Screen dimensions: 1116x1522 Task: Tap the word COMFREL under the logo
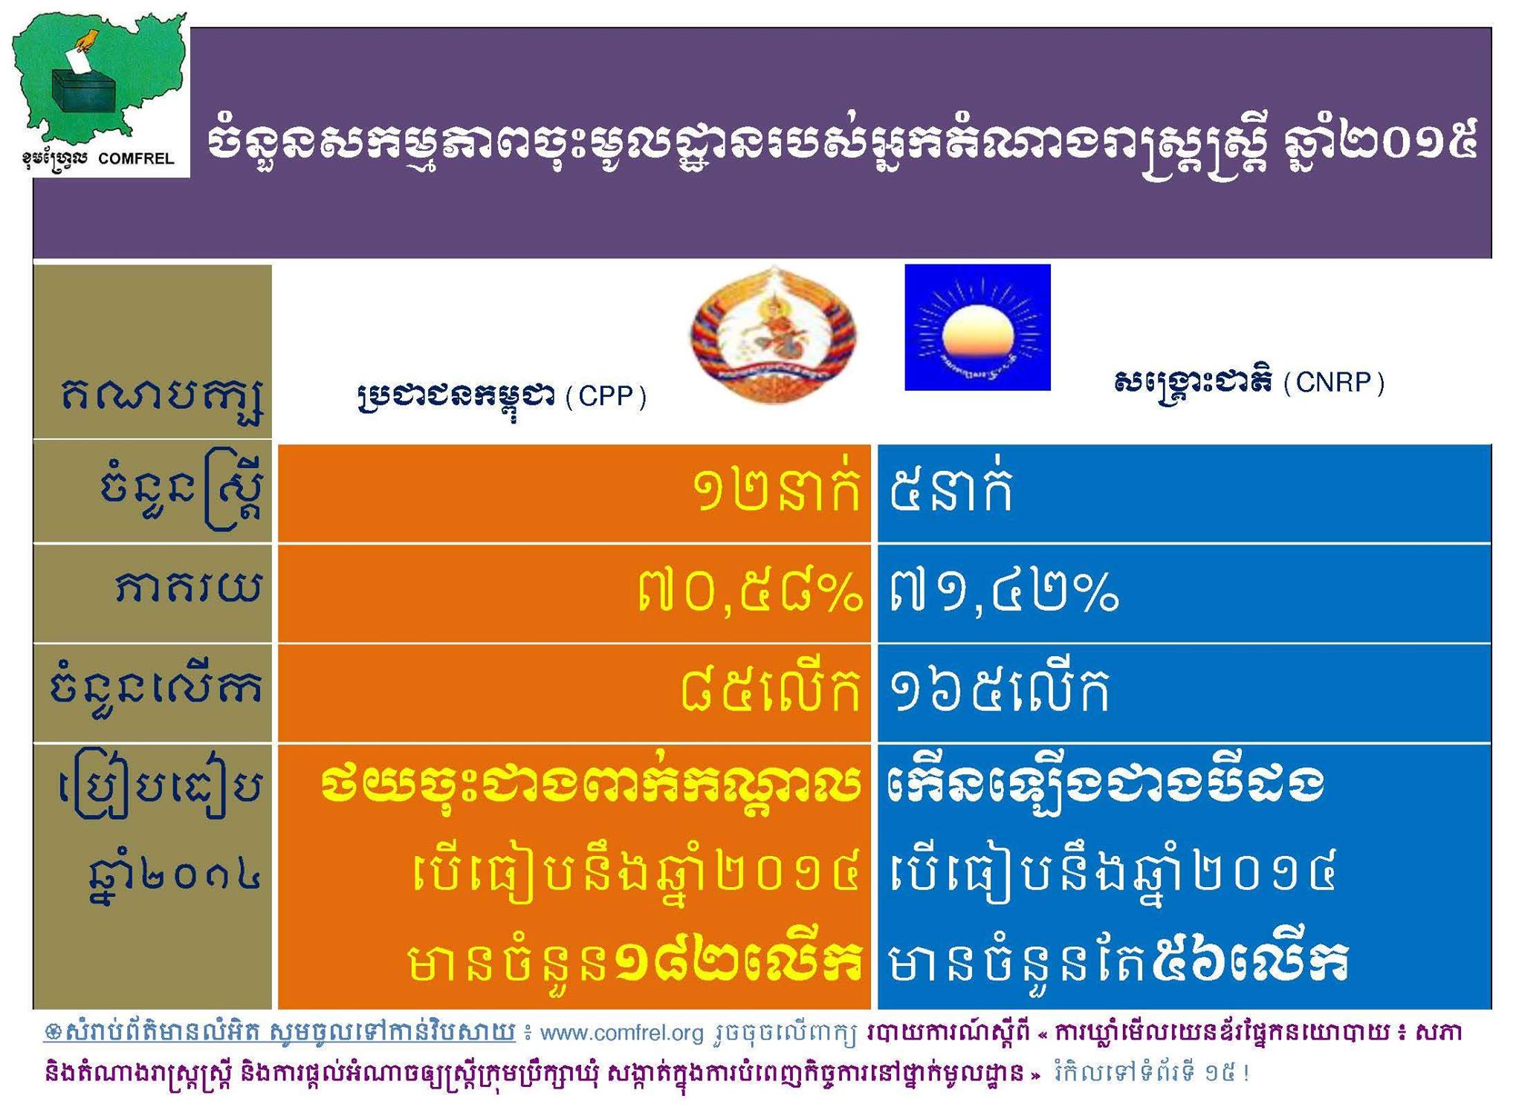coord(136,158)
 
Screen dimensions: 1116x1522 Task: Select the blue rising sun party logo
coord(977,328)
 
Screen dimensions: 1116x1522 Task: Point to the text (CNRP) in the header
coord(1333,383)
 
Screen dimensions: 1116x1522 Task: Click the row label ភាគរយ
coord(189,588)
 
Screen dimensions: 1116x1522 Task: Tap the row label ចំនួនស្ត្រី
coord(181,490)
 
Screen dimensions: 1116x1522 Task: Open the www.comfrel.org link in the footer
coord(621,1034)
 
